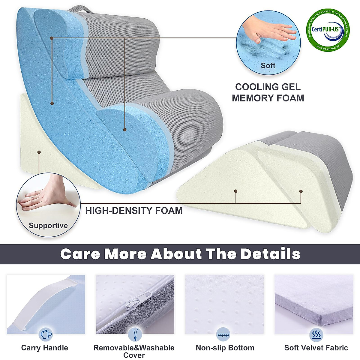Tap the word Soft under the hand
coord(268,65)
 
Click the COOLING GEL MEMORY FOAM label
coord(268,92)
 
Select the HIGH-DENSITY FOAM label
coord(134,211)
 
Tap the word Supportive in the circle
coord(48,226)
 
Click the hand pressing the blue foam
coord(271,30)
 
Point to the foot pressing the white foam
coord(48,195)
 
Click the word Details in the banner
coord(270,254)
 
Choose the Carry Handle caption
coord(45,348)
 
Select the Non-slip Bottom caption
coord(225,348)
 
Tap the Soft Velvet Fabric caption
coord(316,348)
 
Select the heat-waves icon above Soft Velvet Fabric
coord(316,334)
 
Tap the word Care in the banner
coord(80,254)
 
